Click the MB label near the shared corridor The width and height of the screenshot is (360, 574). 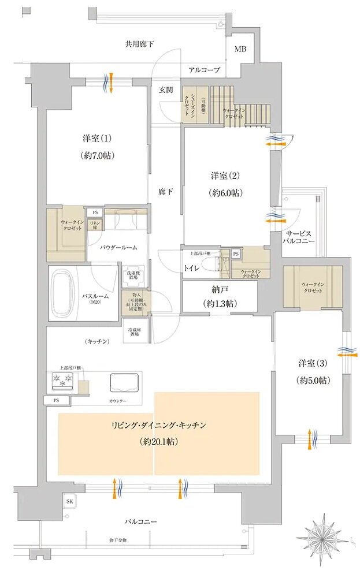click(240, 49)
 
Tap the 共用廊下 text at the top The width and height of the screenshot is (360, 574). click(140, 44)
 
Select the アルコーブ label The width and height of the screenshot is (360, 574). click(204, 70)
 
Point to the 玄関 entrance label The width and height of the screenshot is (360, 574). click(166, 90)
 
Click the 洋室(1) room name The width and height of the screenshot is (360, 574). click(97, 139)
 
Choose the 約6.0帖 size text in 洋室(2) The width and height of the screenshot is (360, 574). click(226, 192)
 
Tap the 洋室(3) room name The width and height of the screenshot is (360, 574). click(314, 364)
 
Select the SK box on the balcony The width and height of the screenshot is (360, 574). click(69, 501)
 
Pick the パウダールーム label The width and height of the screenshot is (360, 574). click(118, 247)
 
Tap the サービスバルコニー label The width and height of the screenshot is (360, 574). click(299, 237)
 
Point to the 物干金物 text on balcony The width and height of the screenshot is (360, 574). click(117, 539)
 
